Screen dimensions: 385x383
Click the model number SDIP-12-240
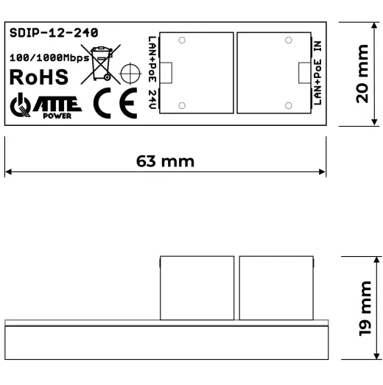point(54,33)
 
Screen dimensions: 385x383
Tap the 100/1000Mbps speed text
point(49,56)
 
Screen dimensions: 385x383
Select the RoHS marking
point(39,77)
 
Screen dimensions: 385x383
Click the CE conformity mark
point(116,105)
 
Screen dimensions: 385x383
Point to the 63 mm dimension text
point(165,160)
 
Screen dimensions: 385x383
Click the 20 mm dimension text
point(361,74)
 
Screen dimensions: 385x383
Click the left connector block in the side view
point(197,288)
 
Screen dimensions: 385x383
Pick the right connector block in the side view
point(276,288)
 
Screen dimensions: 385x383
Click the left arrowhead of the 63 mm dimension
point(8,173)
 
